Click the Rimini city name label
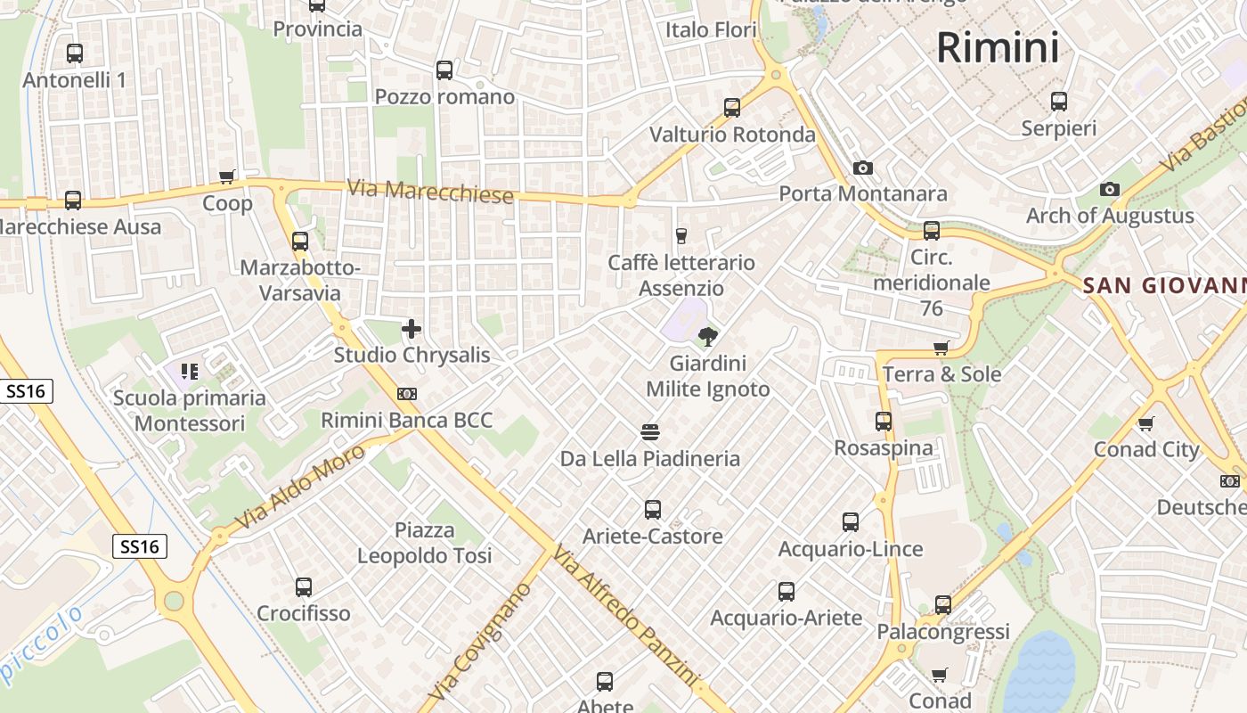point(998,47)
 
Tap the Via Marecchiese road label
point(430,191)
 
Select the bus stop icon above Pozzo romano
point(444,70)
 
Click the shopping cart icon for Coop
point(227,176)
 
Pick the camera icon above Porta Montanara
point(862,168)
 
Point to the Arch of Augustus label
point(1110,216)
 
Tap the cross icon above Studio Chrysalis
point(412,329)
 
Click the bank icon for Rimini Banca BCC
point(407,393)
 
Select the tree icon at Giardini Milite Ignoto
point(708,337)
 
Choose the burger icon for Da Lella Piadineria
point(650,432)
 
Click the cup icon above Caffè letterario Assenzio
point(681,235)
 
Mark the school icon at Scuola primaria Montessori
point(189,371)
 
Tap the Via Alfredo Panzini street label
point(623,615)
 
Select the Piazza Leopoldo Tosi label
point(424,543)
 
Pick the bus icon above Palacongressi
point(942,604)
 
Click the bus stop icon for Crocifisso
point(304,586)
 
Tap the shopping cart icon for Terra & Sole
point(941,348)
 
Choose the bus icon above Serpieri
point(1058,102)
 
